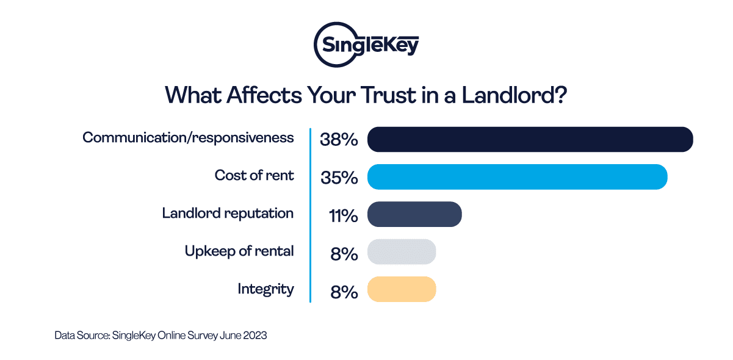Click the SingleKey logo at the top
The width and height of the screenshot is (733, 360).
[366, 44]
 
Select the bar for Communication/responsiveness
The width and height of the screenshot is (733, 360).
[530, 139]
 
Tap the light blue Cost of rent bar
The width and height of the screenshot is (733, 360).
[517, 177]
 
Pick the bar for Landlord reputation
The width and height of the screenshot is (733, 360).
[414, 214]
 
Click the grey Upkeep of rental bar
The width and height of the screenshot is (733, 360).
[402, 252]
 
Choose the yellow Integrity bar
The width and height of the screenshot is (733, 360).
[402, 289]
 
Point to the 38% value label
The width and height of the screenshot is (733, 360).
[339, 140]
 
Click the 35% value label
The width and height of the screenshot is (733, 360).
[339, 178]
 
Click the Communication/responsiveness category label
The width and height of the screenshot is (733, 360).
[188, 138]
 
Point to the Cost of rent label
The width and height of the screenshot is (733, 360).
[254, 176]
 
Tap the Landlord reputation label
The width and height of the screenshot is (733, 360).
[228, 214]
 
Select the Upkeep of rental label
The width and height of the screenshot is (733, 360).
[239, 251]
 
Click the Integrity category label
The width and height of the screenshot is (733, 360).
[265, 289]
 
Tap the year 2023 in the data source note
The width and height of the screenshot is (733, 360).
[255, 336]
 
